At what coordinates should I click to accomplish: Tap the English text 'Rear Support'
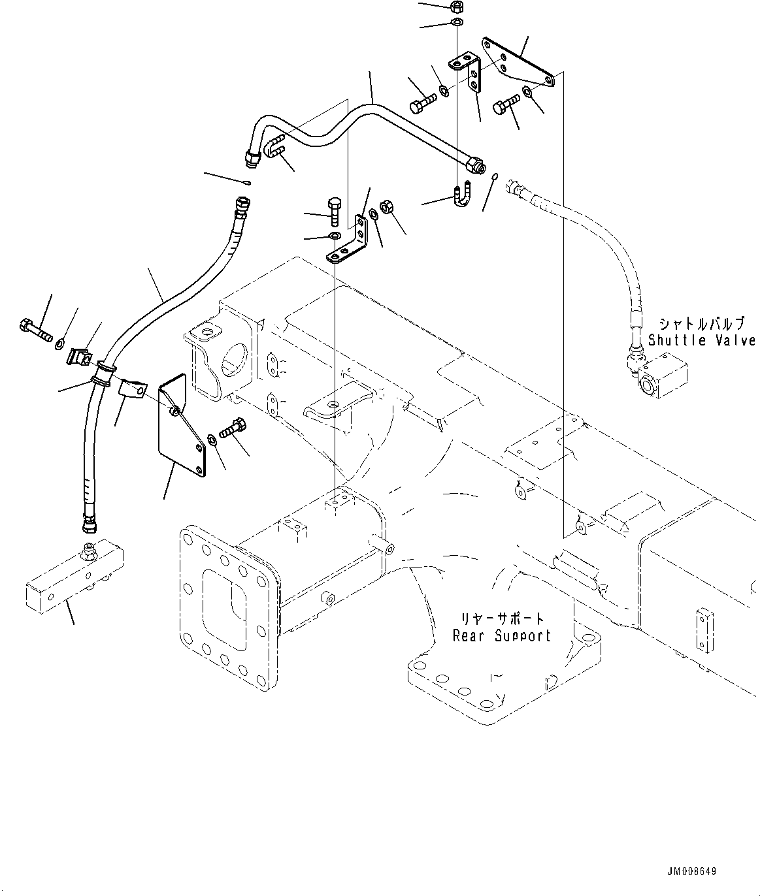coord(503,635)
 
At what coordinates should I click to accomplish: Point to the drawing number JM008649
coord(692,871)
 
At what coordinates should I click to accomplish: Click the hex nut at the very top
coord(457,7)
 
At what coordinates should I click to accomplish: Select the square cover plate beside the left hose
coord(182,423)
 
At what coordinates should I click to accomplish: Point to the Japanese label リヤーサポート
coord(502,618)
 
